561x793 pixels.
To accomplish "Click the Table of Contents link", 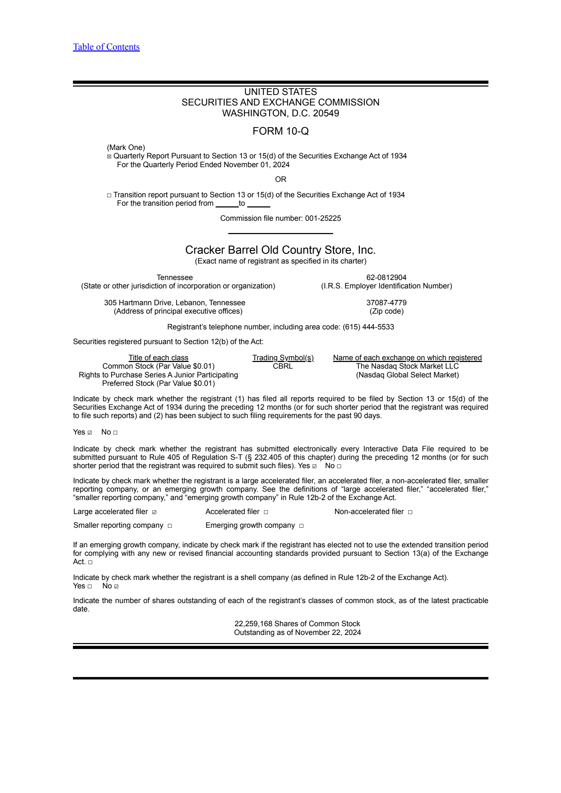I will point(106,47).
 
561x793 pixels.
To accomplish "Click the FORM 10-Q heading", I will point(280,131).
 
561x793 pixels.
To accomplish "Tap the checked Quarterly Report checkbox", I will point(109,157).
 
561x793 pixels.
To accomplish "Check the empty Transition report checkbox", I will point(109,196).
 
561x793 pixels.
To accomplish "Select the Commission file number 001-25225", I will point(323,218).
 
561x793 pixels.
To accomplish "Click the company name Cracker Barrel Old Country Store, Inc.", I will point(280,250).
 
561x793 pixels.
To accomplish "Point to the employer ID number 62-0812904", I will point(386,278).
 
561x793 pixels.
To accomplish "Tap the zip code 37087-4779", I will point(386,303).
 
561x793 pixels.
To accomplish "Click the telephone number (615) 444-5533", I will point(368,327).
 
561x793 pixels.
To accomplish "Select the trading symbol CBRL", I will point(283,366).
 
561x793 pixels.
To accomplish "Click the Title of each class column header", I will point(158,358).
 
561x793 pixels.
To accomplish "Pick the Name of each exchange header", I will point(407,358).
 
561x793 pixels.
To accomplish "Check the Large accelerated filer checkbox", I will point(154,512).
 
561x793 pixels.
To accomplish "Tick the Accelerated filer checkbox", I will point(266,512).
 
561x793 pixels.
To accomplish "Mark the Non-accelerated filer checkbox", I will point(410,512).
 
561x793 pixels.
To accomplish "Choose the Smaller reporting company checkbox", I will point(170,526).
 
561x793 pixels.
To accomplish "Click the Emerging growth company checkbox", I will point(301,526).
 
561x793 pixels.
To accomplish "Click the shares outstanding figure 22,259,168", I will point(253,624).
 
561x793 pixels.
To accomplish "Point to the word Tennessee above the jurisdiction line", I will point(175,278).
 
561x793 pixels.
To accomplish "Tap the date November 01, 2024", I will point(256,165).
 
